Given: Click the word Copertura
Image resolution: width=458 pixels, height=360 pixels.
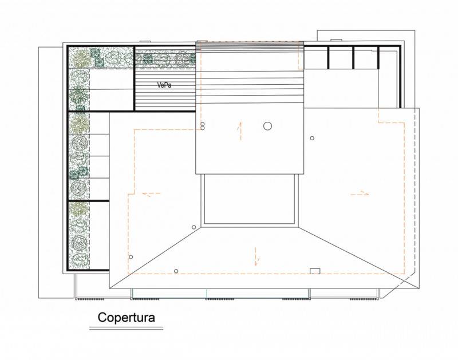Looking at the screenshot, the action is click(126, 318).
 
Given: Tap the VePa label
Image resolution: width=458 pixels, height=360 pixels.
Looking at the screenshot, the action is click(164, 85).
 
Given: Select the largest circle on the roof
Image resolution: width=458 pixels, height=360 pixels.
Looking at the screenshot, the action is click(267, 126).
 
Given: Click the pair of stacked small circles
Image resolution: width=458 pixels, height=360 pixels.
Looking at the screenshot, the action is click(203, 126).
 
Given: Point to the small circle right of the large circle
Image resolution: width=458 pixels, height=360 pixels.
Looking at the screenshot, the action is click(312, 138).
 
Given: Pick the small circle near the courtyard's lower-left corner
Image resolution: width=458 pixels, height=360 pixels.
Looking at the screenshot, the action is click(194, 227).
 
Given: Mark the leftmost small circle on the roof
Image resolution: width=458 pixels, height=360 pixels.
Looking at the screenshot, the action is click(131, 257).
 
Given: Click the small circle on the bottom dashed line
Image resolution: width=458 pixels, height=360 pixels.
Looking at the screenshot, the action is click(176, 271).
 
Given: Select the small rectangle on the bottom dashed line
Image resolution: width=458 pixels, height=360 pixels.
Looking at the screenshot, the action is click(315, 271).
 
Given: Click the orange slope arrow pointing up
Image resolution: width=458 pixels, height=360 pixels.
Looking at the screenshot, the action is click(240, 131).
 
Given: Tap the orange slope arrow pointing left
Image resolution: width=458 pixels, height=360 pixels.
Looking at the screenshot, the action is click(151, 193).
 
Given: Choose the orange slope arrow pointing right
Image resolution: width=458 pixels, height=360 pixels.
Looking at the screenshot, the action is click(360, 193).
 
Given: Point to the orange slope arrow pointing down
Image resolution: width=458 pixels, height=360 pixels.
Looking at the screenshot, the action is click(256, 256).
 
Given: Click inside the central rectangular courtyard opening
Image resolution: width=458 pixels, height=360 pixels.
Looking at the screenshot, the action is click(250, 199).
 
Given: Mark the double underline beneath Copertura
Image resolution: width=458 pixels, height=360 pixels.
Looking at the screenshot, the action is click(126, 329).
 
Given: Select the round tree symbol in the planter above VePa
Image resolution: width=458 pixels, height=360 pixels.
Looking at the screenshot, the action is click(182, 58).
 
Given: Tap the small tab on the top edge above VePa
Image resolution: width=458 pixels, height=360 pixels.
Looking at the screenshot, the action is click(145, 41).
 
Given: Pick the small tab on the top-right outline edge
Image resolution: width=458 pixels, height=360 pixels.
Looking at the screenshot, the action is click(336, 39).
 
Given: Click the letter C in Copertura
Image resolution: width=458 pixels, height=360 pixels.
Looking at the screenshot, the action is click(102, 318).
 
